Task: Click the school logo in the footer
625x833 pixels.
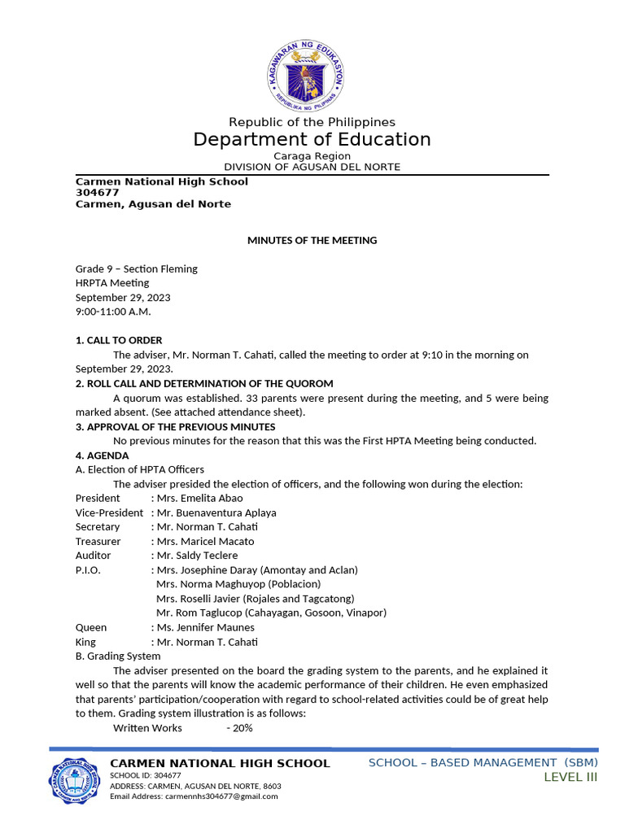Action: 76,779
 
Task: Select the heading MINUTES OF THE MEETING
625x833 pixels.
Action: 312,240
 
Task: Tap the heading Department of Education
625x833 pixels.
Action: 312,139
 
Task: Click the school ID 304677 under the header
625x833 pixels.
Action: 98,193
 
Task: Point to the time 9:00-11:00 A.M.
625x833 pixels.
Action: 113,312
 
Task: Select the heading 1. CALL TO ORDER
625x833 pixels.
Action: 119,340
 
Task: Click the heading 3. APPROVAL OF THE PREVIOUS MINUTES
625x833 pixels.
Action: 175,426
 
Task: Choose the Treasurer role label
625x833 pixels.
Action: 98,541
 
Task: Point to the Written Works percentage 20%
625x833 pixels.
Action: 242,728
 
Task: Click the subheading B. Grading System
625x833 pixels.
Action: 118,656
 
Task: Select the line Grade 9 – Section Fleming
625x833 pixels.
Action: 137,268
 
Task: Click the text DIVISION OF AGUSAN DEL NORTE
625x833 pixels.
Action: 312,167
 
